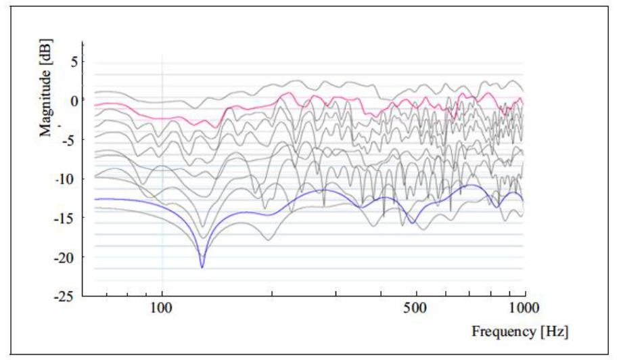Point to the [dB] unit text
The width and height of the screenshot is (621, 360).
[46, 53]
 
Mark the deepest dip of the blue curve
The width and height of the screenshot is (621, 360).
[202, 267]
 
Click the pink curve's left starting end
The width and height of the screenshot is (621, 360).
[95, 105]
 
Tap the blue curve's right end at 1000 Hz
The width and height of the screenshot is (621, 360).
[523, 200]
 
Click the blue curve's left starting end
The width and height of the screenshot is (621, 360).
[95, 199]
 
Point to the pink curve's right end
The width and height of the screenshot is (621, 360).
[523, 104]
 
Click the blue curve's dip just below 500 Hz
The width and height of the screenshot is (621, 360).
[412, 223]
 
